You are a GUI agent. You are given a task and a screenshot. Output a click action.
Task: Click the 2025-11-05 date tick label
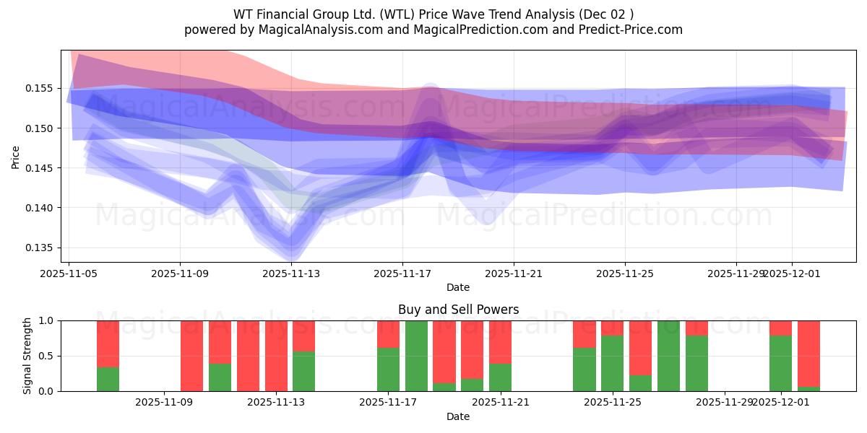pyautogui.click(x=69, y=274)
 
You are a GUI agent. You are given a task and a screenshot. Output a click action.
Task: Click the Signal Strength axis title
pyautogui.click(x=27, y=356)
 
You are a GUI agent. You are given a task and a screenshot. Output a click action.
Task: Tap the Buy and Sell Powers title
pyautogui.click(x=458, y=310)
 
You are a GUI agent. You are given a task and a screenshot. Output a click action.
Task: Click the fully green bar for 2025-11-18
pyautogui.click(x=416, y=356)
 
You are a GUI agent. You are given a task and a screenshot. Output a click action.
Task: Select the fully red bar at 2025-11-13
pyautogui.click(x=276, y=356)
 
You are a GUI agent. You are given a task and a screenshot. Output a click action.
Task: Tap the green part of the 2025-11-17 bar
pyautogui.click(x=388, y=369)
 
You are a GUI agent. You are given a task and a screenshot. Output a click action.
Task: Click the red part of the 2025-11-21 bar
pyautogui.click(x=500, y=341)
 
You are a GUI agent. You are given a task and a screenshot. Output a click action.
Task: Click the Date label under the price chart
pyautogui.click(x=458, y=287)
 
